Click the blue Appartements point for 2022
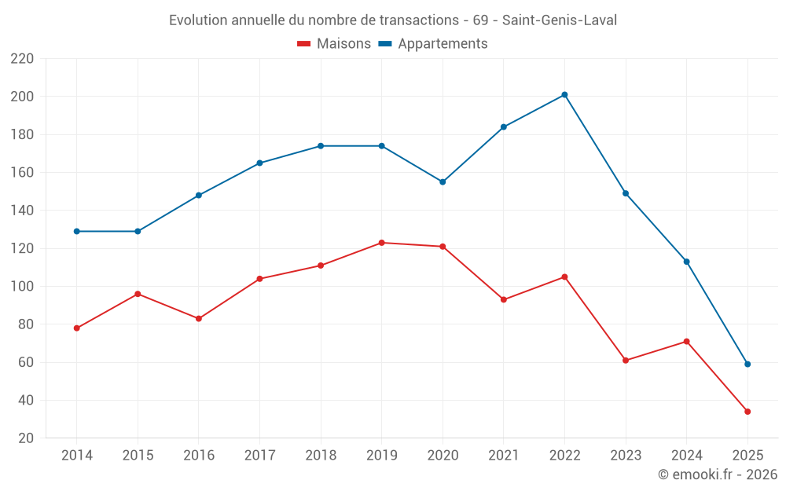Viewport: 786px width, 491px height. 564,95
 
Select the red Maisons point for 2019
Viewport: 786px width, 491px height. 381,243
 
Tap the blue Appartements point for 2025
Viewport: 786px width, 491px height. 747,364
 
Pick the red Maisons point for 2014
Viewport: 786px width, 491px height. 76,328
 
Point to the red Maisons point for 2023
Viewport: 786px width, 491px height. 626,361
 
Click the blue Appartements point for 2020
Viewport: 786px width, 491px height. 443,182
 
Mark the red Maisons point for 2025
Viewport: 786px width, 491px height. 747,412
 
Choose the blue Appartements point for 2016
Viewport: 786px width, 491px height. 199,195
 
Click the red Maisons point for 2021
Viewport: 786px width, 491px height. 503,300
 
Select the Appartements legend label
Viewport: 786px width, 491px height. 443,44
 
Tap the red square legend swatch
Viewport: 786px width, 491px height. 304,44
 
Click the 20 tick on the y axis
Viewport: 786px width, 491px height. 25,438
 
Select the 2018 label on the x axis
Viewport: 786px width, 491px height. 321,456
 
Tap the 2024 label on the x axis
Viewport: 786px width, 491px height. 686,456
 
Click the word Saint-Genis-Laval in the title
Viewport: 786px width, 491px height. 559,20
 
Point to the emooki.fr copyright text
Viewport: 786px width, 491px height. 717,475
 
